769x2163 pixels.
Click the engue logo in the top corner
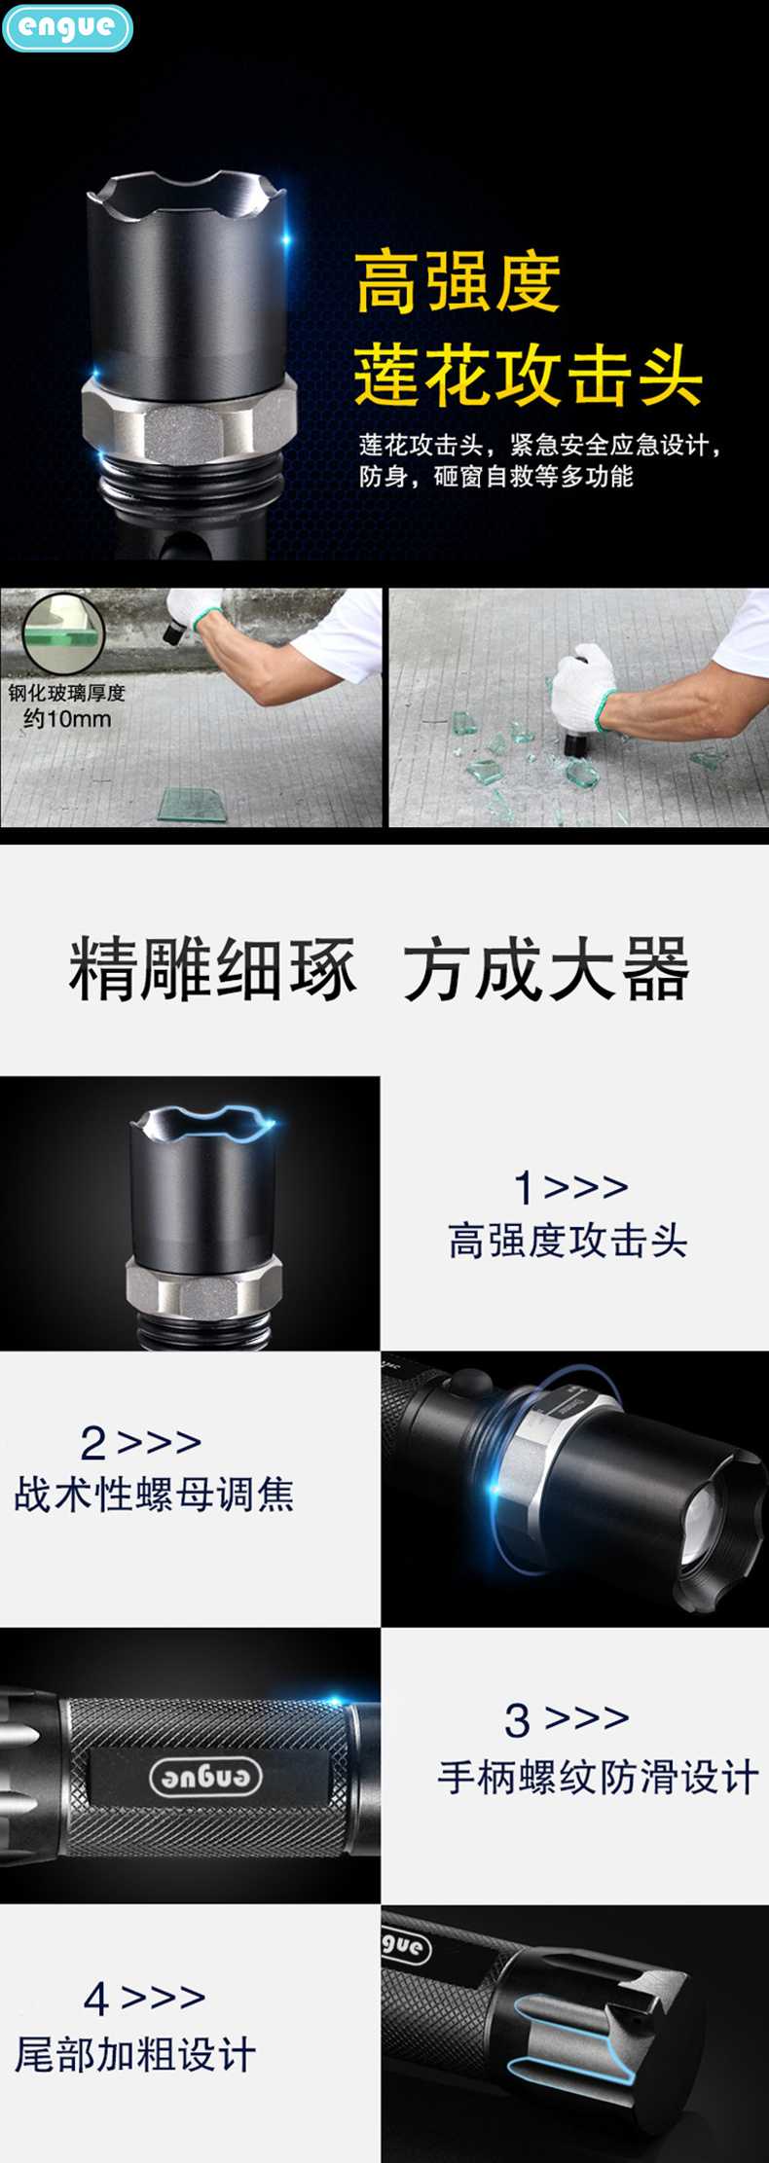[x=66, y=27]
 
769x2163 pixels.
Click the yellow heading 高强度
[x=458, y=282]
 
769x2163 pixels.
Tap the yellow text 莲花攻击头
[x=528, y=376]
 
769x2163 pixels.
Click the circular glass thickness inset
[x=63, y=633]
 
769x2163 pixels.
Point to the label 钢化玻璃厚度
[x=66, y=693]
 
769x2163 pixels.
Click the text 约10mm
[x=66, y=719]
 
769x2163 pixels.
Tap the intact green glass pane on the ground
[x=192, y=804]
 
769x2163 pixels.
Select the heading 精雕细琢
[x=212, y=969]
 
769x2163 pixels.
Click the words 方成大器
[x=545, y=969]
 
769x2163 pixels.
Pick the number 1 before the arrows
[x=524, y=1188]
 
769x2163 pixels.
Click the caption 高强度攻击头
[x=568, y=1241]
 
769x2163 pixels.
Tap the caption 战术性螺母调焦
[x=154, y=1494]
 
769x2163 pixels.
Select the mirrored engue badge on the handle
[x=206, y=1777]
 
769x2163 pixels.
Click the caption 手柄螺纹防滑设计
[x=598, y=1778]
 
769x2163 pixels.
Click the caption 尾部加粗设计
[x=136, y=2054]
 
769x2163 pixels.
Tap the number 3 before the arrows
[x=517, y=1720]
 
